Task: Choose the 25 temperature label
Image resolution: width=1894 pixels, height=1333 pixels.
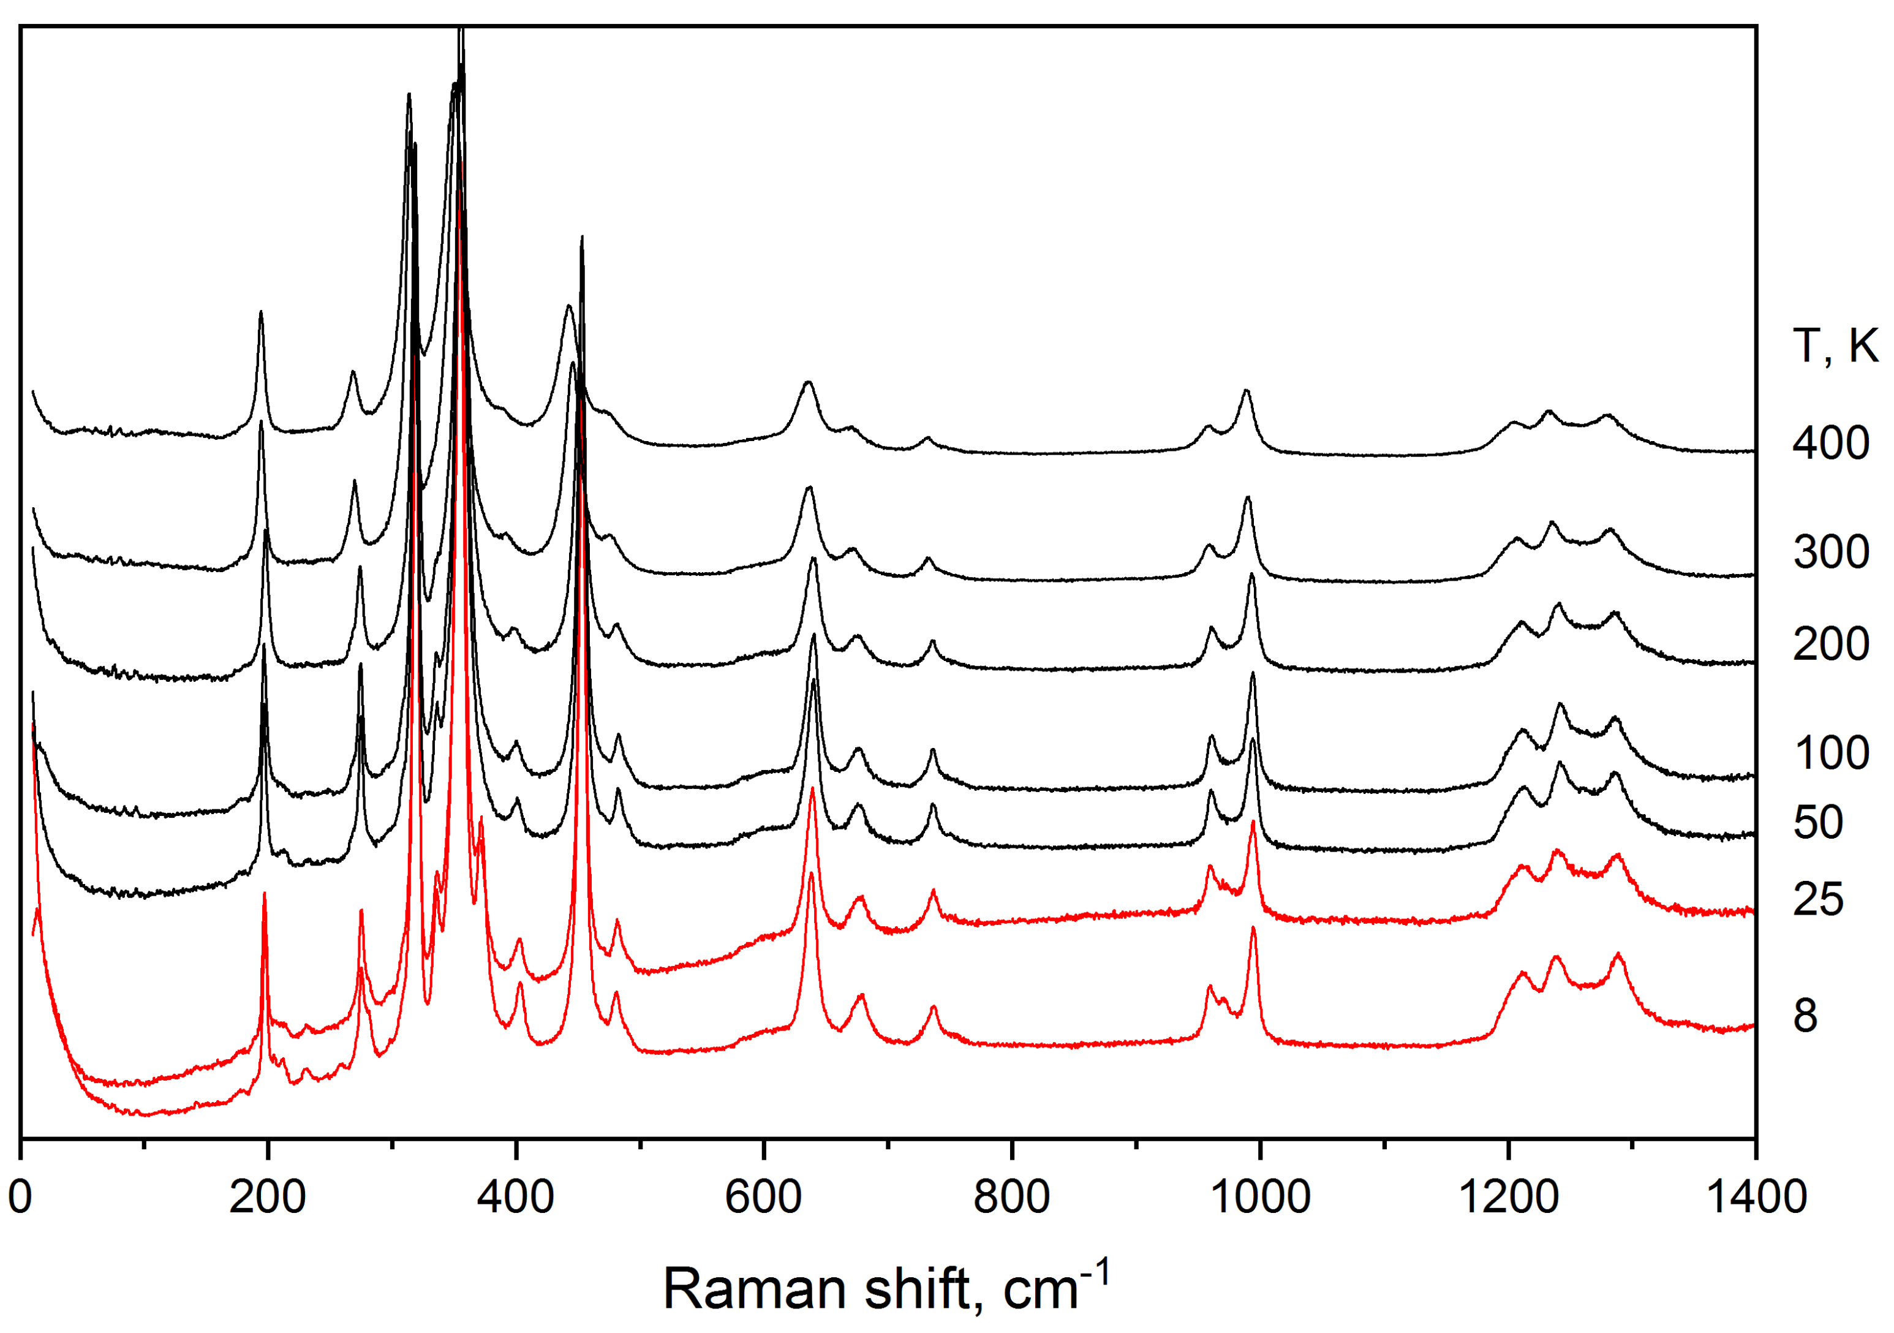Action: click(x=1818, y=899)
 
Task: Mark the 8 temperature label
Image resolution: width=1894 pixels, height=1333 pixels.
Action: click(x=1806, y=1016)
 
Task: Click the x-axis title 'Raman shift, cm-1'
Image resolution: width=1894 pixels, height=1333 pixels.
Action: click(x=887, y=1287)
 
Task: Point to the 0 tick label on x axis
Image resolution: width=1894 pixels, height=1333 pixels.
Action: click(x=20, y=1196)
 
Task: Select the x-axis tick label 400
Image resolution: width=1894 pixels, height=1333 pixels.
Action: click(x=516, y=1196)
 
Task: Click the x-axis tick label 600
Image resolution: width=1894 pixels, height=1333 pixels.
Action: click(x=764, y=1196)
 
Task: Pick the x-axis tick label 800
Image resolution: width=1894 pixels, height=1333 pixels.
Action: click(x=1011, y=1196)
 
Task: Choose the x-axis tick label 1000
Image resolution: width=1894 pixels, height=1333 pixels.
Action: click(x=1259, y=1196)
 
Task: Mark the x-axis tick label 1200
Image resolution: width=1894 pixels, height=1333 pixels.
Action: click(x=1508, y=1196)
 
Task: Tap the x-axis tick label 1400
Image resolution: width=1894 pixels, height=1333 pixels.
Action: click(x=1756, y=1196)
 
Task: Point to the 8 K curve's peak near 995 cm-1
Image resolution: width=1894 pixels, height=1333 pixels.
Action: click(x=1253, y=928)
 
